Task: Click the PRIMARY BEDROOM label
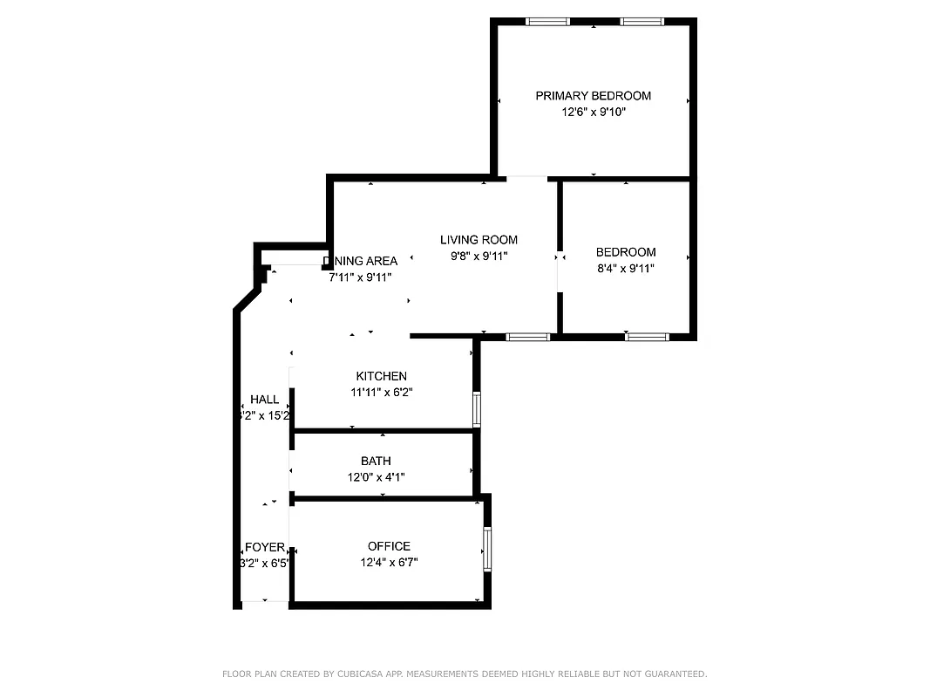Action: [x=593, y=96]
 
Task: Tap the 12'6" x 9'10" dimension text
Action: [x=593, y=113]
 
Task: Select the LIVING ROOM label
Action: [x=479, y=240]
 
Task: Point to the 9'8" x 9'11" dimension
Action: [x=479, y=257]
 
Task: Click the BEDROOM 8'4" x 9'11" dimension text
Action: [x=625, y=269]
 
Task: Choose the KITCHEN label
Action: [x=381, y=376]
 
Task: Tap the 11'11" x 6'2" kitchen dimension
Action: [x=381, y=393]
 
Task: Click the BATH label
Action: [x=376, y=461]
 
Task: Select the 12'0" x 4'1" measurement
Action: [x=376, y=477]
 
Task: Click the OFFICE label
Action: [x=389, y=546]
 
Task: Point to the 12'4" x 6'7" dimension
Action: [x=389, y=563]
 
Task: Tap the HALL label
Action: [x=265, y=400]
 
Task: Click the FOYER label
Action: [x=264, y=547]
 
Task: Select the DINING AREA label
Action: [x=361, y=261]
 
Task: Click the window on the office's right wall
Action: [x=487, y=548]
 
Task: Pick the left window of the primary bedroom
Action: [x=547, y=22]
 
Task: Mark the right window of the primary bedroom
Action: [x=641, y=22]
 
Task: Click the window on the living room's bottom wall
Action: [x=528, y=337]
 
